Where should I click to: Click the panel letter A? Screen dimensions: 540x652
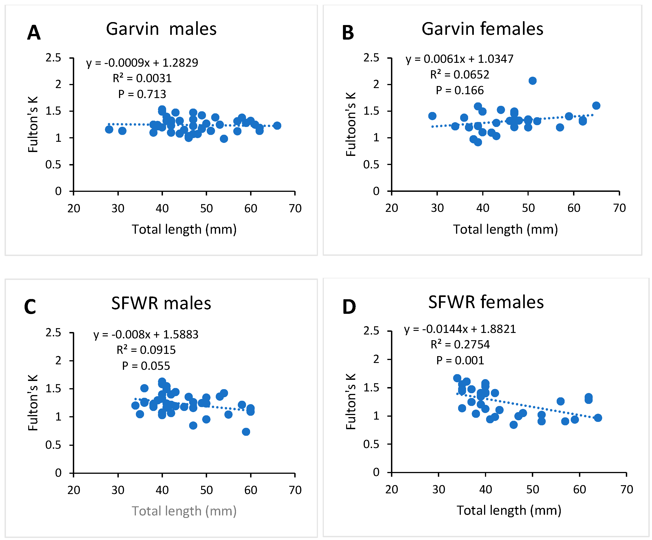point(34,33)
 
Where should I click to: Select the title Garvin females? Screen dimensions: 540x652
point(482,29)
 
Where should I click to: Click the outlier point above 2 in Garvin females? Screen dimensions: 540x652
point(533,81)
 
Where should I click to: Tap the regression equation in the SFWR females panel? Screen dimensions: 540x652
point(460,329)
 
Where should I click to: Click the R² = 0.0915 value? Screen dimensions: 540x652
point(146,350)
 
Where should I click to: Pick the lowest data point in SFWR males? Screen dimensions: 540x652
point(246,432)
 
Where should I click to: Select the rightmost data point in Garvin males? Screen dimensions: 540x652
point(277,125)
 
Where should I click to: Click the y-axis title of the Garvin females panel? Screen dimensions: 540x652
point(351,124)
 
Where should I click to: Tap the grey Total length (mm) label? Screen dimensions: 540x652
point(184,511)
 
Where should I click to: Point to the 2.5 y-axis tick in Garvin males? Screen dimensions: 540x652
point(53,58)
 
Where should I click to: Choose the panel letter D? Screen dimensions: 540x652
point(349,307)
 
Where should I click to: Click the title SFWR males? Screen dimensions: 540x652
point(161,303)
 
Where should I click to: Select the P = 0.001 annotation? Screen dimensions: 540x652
point(460,360)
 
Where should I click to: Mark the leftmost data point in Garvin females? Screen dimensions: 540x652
point(432,116)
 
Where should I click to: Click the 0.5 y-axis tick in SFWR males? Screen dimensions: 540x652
point(53,445)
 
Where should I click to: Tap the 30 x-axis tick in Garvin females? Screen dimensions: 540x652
point(437,208)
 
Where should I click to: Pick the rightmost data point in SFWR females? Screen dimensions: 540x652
point(598,418)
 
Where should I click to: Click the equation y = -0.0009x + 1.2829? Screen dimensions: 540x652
point(142,63)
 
